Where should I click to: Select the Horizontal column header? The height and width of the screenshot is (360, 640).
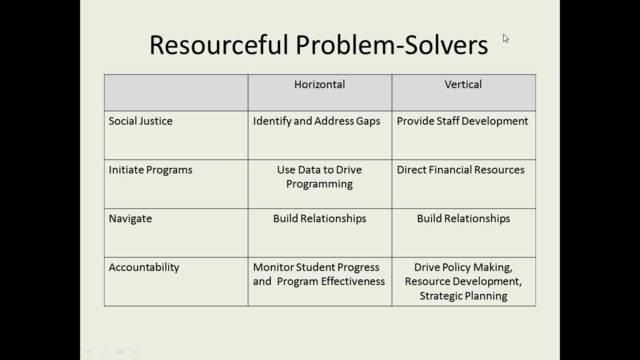319,85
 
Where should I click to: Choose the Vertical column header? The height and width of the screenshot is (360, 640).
462,85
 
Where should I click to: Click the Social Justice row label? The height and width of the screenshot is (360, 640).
141,121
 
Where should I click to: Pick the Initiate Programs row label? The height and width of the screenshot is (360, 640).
150,170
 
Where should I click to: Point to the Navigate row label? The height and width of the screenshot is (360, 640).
132,218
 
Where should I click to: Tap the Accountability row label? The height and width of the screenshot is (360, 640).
144,267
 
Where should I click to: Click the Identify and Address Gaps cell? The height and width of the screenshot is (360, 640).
319,121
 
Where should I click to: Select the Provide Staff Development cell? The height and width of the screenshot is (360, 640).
462,121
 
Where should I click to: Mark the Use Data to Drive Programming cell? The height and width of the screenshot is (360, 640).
319,177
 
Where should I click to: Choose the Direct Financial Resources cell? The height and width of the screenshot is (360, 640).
462,170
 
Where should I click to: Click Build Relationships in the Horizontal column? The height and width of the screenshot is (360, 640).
319,218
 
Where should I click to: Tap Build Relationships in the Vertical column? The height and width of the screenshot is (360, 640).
462,218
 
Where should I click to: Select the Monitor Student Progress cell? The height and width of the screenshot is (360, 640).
319,267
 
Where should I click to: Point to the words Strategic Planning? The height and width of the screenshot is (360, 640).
462,296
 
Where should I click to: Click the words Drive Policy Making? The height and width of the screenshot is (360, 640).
462,267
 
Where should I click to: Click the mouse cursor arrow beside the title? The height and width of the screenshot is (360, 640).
506,38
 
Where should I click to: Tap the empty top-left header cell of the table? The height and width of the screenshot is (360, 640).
176,91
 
